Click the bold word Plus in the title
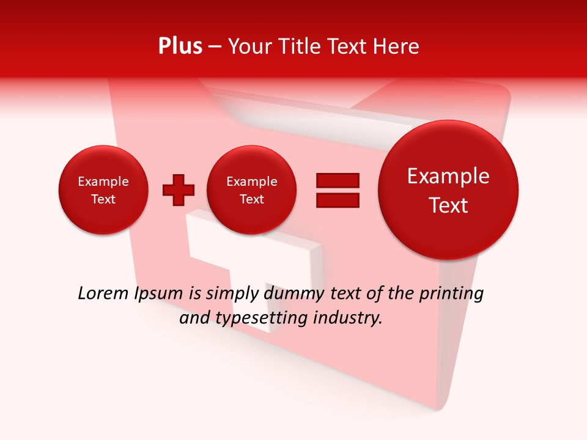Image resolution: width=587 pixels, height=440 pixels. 180,46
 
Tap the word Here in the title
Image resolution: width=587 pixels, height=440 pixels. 396,46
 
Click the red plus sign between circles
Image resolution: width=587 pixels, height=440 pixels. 179,190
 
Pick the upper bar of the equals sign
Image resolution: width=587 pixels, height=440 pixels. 338,181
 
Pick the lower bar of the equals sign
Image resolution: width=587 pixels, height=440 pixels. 338,200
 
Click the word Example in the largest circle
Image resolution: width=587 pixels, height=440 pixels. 448,176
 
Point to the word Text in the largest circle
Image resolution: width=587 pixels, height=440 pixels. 448,205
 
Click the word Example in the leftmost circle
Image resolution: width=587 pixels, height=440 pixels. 103,182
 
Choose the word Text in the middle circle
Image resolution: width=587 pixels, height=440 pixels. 252,199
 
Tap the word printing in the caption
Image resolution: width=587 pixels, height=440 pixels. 451,294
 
